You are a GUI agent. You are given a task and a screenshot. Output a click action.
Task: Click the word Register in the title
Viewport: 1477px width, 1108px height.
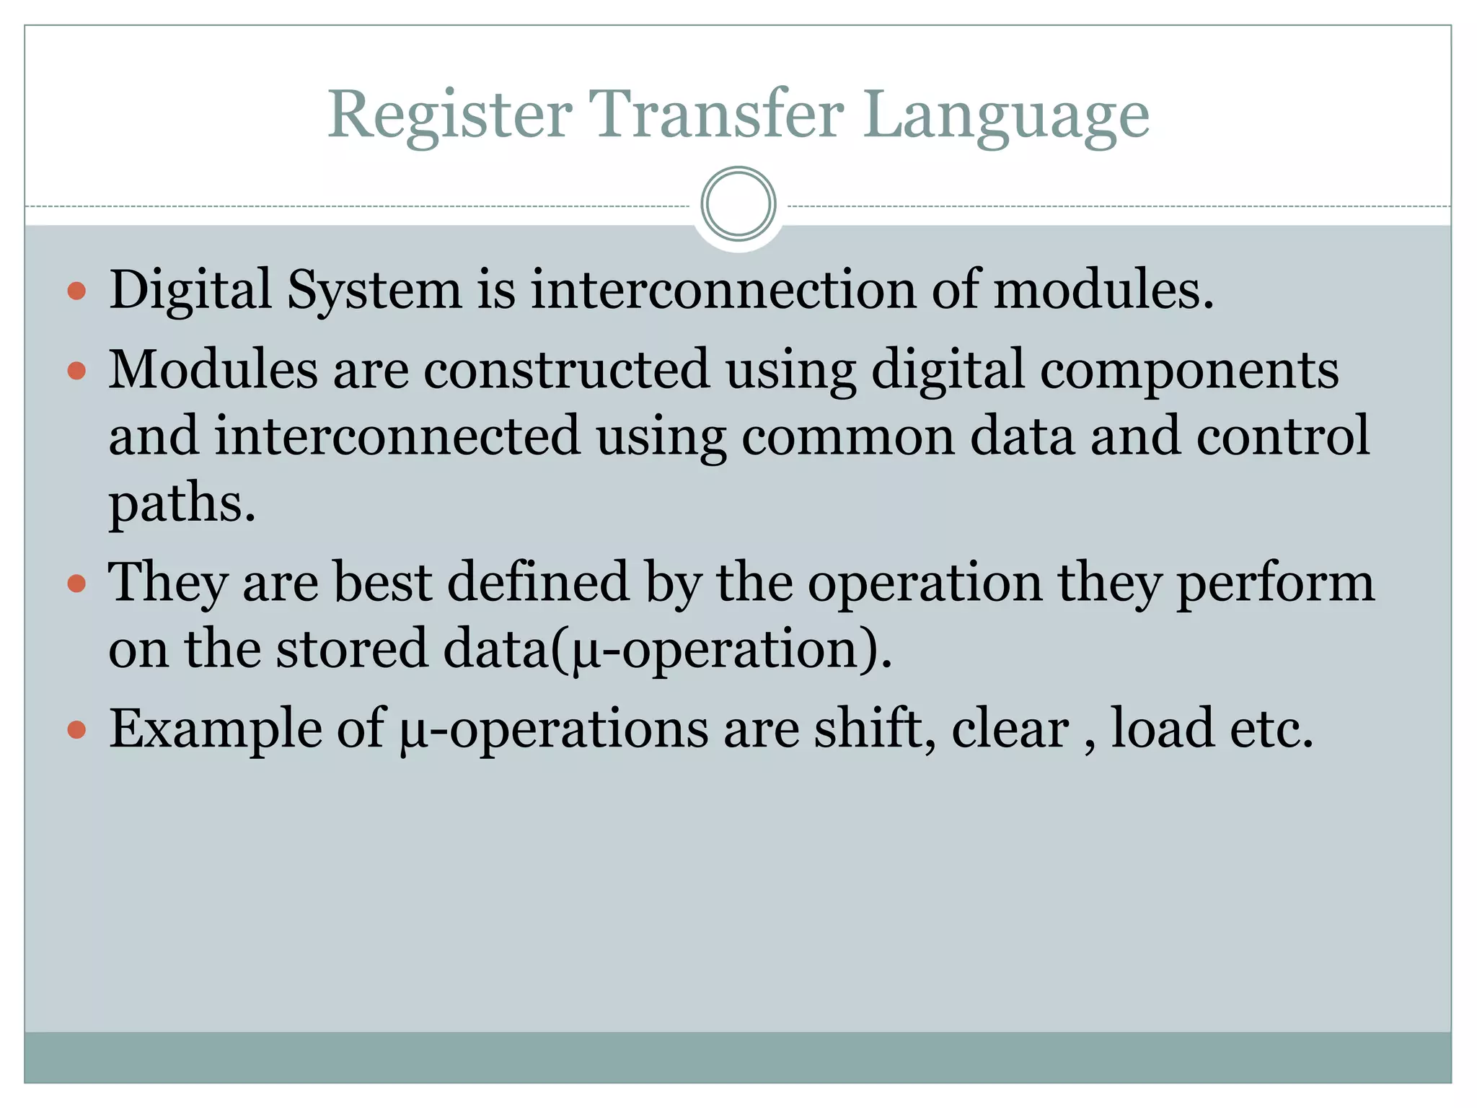coord(450,115)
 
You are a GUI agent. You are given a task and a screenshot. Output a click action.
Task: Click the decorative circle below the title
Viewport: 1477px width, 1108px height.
coord(738,204)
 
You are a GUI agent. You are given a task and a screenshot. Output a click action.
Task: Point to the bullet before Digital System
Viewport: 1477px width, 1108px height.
coord(76,291)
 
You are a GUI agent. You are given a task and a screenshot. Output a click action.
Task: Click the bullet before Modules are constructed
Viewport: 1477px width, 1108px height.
coord(76,371)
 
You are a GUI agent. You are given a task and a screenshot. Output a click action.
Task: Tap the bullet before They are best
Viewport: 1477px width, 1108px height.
coord(76,583)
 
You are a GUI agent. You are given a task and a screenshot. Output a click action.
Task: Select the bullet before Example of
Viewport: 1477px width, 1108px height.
coord(76,730)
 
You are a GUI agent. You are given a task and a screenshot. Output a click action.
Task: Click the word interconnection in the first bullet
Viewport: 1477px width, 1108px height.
coord(723,290)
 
